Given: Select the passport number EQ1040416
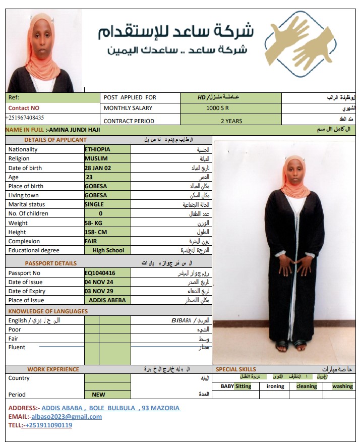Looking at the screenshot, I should [100, 272].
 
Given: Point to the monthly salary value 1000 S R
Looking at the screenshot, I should [218, 108].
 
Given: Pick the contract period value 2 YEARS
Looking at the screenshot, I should [231, 121].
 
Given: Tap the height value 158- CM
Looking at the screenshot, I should [96, 232].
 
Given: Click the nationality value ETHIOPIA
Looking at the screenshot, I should [97, 149].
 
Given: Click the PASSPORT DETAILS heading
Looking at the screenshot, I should [51, 263].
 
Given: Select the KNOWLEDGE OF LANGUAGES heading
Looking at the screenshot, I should [48, 311].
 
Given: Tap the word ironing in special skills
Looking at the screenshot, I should [275, 386].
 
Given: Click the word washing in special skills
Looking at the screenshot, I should [342, 386].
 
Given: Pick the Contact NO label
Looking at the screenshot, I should [24, 108].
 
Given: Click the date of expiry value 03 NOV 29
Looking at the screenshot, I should [99, 291].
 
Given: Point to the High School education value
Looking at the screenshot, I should [108, 250].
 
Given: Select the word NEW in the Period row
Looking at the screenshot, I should [98, 395].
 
